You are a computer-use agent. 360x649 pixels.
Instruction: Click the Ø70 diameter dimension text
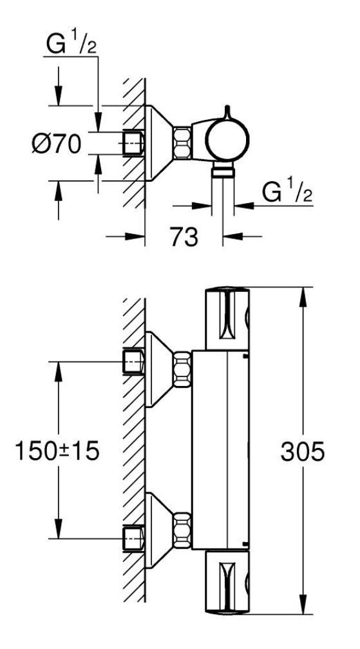[57, 144]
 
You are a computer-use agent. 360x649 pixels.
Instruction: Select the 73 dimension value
[184, 237]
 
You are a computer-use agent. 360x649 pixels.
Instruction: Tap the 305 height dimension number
[303, 451]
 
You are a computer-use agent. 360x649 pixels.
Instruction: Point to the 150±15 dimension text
[57, 450]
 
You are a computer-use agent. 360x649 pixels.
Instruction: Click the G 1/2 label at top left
[71, 44]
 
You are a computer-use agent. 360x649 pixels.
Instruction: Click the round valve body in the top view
[227, 139]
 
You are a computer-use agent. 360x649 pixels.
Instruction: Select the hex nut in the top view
[182, 143]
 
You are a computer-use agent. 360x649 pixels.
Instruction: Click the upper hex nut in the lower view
[182, 370]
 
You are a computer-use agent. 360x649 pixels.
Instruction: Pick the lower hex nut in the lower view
[182, 530]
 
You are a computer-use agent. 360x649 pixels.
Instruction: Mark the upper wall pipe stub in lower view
[134, 362]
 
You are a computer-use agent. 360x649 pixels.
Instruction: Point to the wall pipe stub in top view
[134, 143]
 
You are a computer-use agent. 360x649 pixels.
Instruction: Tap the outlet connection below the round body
[223, 170]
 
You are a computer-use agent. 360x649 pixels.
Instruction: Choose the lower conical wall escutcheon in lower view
[159, 530]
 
